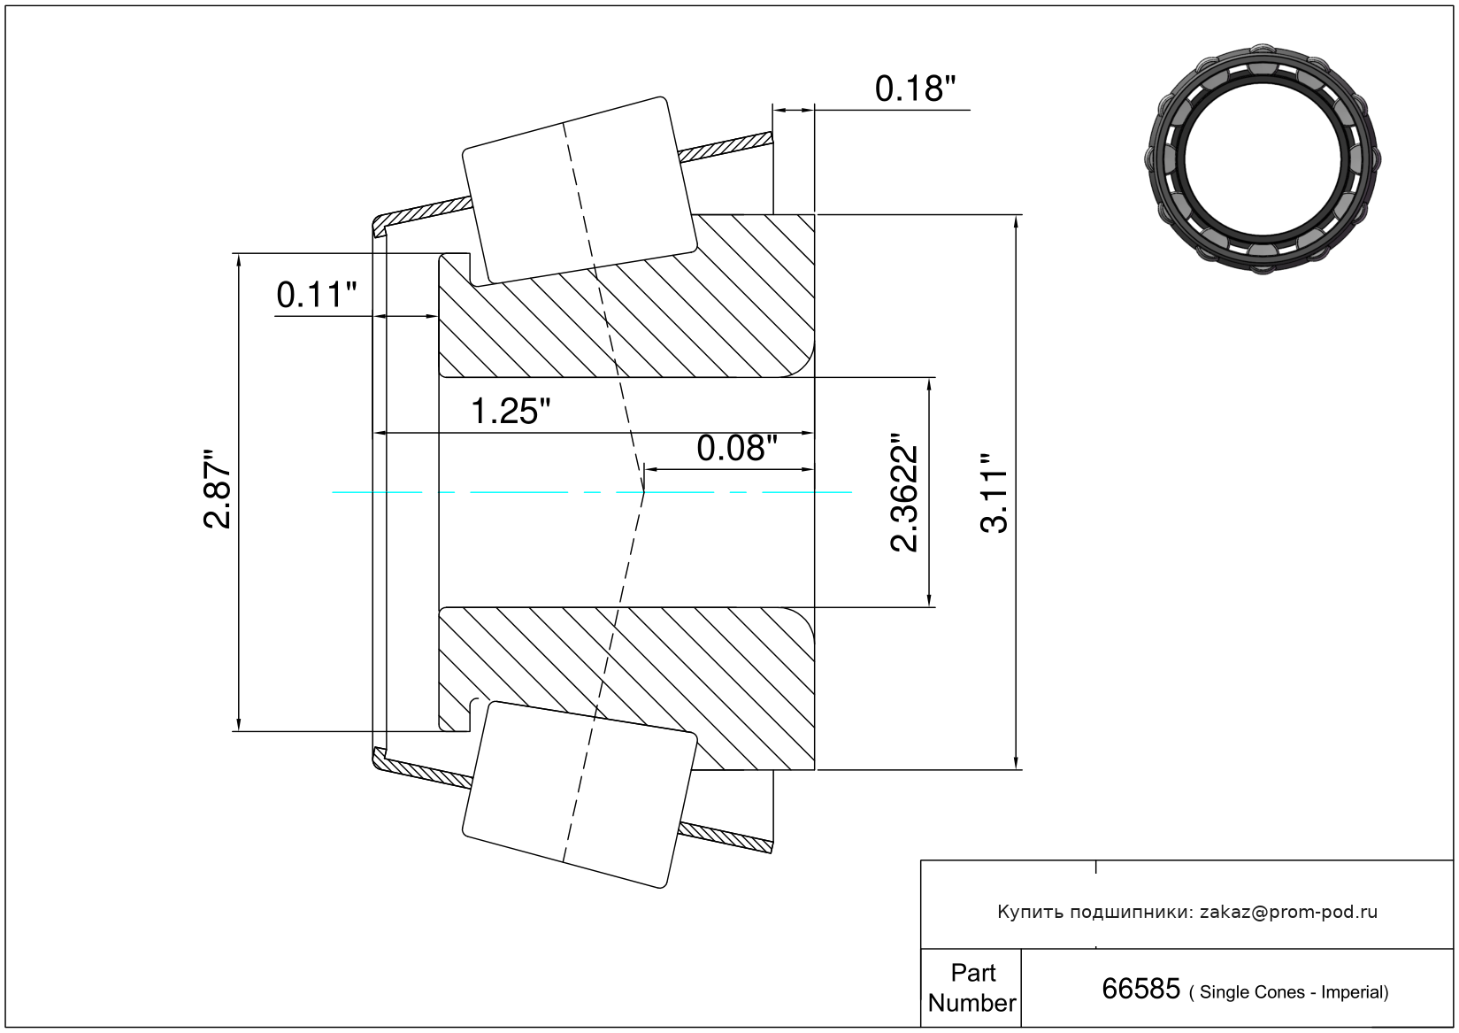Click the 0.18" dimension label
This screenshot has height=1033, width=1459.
tap(915, 89)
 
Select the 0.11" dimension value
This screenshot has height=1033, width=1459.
tap(317, 295)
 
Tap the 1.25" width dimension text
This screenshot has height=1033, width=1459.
tap(511, 412)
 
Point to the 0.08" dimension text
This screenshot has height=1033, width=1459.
tap(737, 449)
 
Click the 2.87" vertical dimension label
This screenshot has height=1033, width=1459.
tap(217, 489)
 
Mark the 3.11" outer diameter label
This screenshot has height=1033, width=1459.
tap(994, 493)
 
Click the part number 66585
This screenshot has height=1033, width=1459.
tap(1140, 989)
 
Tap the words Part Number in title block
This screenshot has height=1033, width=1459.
tap(971, 988)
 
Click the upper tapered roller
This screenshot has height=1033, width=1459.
tap(580, 191)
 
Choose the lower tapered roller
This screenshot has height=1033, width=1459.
tap(580, 795)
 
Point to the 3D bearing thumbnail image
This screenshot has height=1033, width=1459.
tap(1263, 159)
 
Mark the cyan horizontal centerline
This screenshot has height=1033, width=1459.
tap(592, 492)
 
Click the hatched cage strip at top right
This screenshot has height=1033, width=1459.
tap(726, 147)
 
